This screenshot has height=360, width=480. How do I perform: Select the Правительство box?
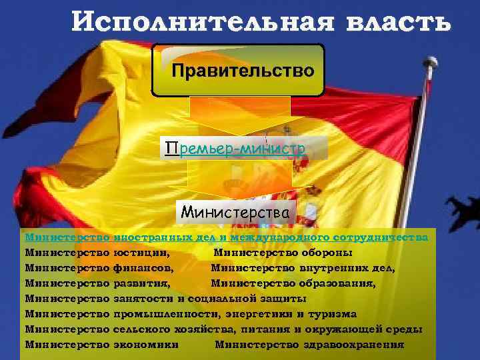(x=238, y=70)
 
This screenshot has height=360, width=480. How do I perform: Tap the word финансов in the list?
(x=143, y=268)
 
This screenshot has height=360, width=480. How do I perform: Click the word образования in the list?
(x=339, y=283)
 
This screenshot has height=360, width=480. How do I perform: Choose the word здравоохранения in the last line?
(x=358, y=345)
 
